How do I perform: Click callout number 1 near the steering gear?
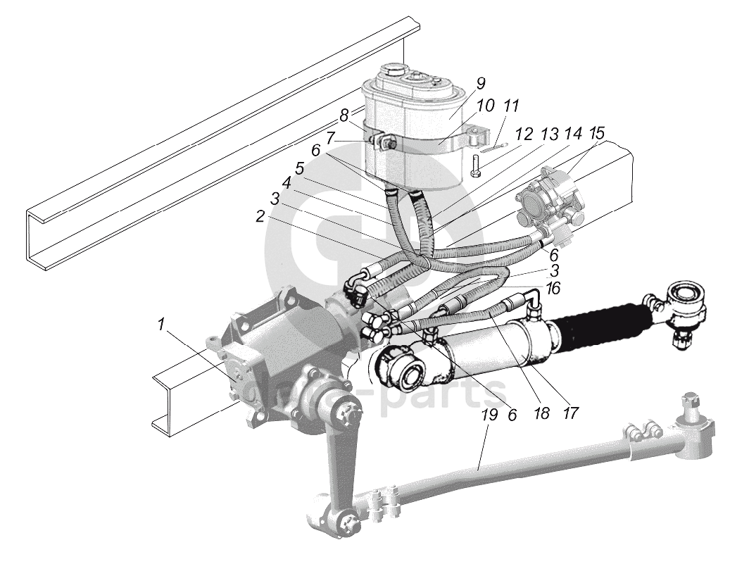(x=161, y=325)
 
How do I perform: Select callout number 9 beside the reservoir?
(x=480, y=84)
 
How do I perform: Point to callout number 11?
(x=511, y=107)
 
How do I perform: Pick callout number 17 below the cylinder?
(x=570, y=413)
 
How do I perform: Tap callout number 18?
(x=541, y=413)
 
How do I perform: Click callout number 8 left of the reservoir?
(x=344, y=114)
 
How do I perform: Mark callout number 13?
(x=548, y=134)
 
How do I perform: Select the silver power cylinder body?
(x=493, y=349)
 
